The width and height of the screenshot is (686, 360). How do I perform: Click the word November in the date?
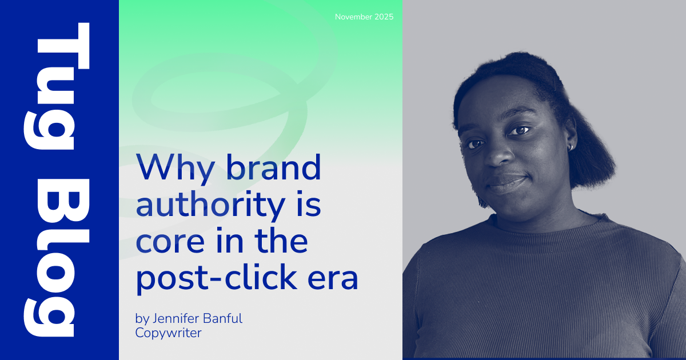coord(353,17)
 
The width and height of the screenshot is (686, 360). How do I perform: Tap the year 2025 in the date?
coord(384,17)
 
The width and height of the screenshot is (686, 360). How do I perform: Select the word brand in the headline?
coord(274,167)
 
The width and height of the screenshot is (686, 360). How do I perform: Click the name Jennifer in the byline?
coord(176,318)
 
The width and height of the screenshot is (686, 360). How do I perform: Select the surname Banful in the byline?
coord(222,318)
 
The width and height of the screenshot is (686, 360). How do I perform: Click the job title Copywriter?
coord(169,333)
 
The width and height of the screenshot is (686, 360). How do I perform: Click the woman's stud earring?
coord(571,147)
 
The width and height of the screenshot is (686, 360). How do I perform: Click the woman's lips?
coord(508,183)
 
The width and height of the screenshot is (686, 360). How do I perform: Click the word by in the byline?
coord(142,319)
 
